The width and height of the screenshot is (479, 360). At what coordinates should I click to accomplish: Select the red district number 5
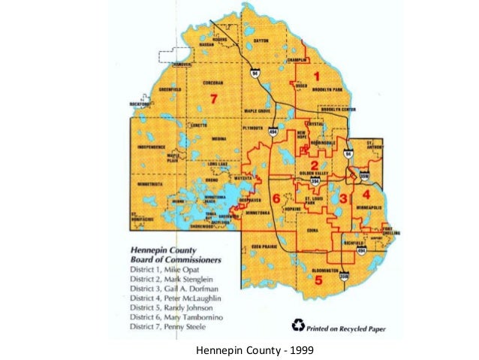pyautogui.click(x=318, y=280)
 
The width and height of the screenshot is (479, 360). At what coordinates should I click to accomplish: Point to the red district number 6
pyautogui.click(x=276, y=198)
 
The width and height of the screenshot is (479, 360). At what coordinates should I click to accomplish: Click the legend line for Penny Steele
pyautogui.click(x=167, y=327)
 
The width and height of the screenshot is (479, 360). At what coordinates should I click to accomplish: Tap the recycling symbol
pyautogui.click(x=299, y=324)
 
